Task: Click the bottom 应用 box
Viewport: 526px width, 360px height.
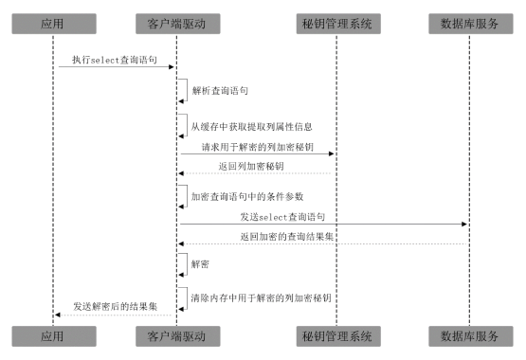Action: (53, 335)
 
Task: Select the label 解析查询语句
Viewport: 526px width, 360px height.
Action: (220, 92)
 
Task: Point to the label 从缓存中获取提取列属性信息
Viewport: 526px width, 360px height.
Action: (251, 126)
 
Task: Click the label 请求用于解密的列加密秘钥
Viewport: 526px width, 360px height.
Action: (256, 148)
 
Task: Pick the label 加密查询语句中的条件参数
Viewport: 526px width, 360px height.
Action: (248, 198)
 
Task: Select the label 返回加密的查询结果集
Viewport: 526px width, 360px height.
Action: (285, 237)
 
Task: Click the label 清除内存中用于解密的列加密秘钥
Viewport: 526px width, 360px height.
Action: (261, 298)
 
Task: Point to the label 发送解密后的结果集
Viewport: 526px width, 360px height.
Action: (115, 307)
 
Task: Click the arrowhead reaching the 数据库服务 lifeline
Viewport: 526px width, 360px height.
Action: (463, 225)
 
